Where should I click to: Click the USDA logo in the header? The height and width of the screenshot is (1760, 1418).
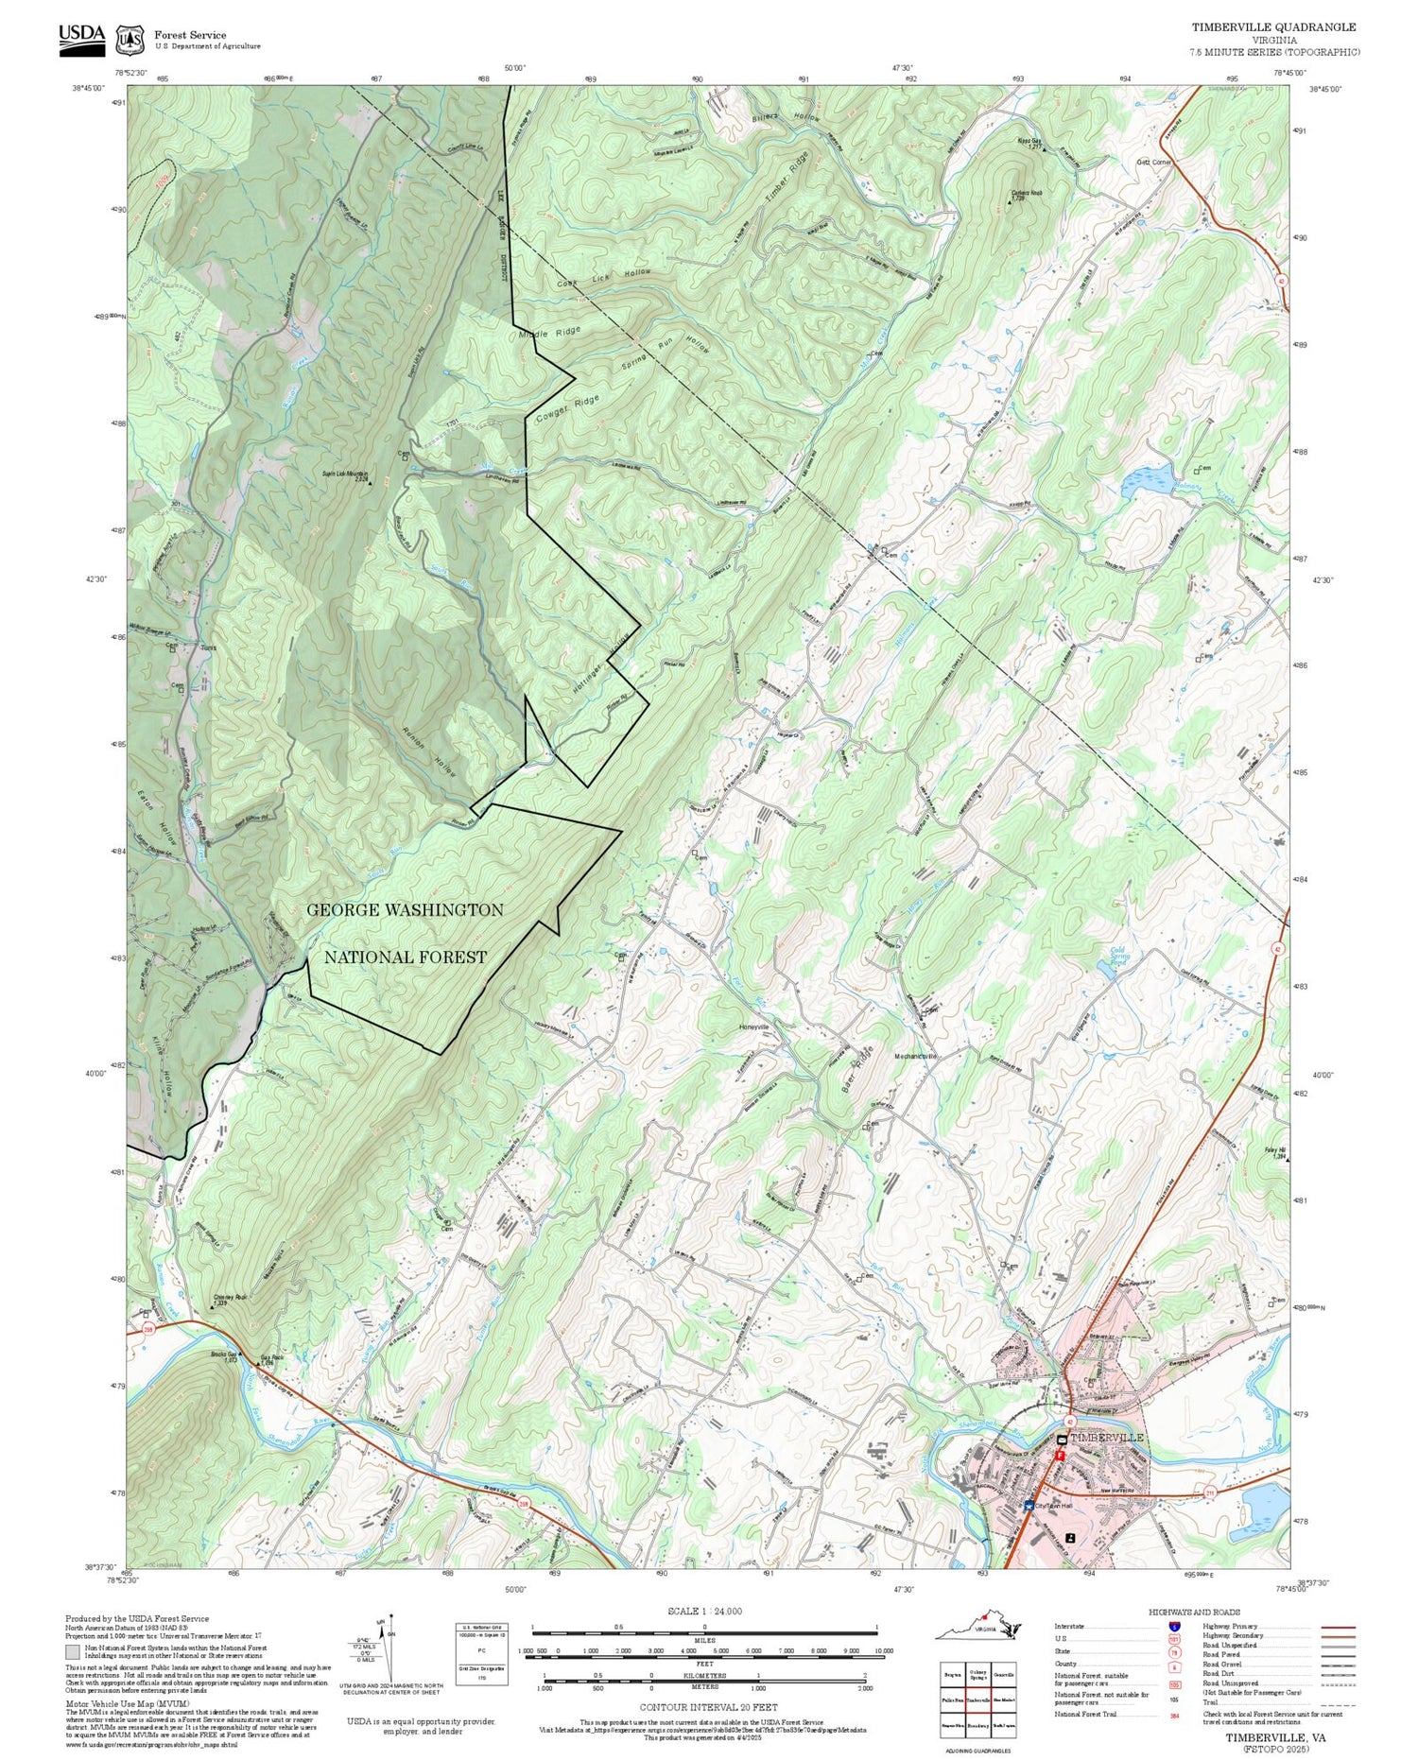82,39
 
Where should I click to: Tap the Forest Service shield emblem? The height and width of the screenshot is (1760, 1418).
130,40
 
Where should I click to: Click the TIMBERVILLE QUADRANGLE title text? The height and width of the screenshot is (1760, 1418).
1272,27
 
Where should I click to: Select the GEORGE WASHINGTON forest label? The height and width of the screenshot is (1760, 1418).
405,910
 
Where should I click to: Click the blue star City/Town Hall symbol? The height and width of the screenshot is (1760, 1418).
1029,1504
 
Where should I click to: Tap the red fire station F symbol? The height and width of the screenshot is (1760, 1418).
1060,1457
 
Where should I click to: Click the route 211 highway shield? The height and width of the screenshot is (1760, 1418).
1210,1493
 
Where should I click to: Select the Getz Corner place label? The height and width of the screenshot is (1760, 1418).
1154,162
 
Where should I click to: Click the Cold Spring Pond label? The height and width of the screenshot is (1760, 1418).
1118,957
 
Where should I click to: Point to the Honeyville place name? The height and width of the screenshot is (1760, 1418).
753,1027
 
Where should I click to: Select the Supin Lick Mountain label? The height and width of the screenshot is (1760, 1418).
345,475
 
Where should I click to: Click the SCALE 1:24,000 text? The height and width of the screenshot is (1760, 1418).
704,1612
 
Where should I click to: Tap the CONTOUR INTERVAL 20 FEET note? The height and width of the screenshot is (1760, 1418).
707,1707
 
